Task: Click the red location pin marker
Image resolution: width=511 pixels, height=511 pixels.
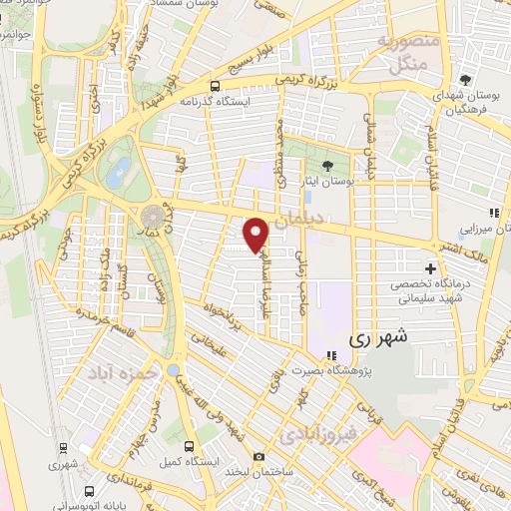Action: tap(256, 234)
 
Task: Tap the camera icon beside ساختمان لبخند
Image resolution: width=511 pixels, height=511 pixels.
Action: tap(260, 458)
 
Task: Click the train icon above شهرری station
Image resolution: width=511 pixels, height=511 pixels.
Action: tap(63, 448)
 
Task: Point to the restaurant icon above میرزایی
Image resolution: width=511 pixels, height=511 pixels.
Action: tap(493, 212)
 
